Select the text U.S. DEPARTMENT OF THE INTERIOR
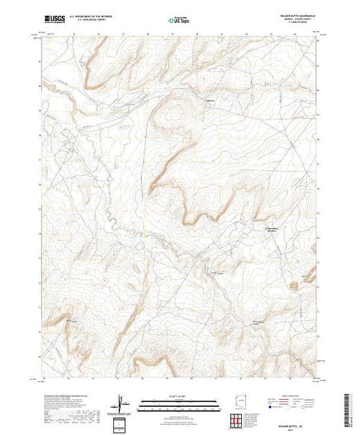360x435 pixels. (98, 17)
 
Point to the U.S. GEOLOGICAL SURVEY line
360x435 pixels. (98, 21)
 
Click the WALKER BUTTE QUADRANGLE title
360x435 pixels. (299, 16)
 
